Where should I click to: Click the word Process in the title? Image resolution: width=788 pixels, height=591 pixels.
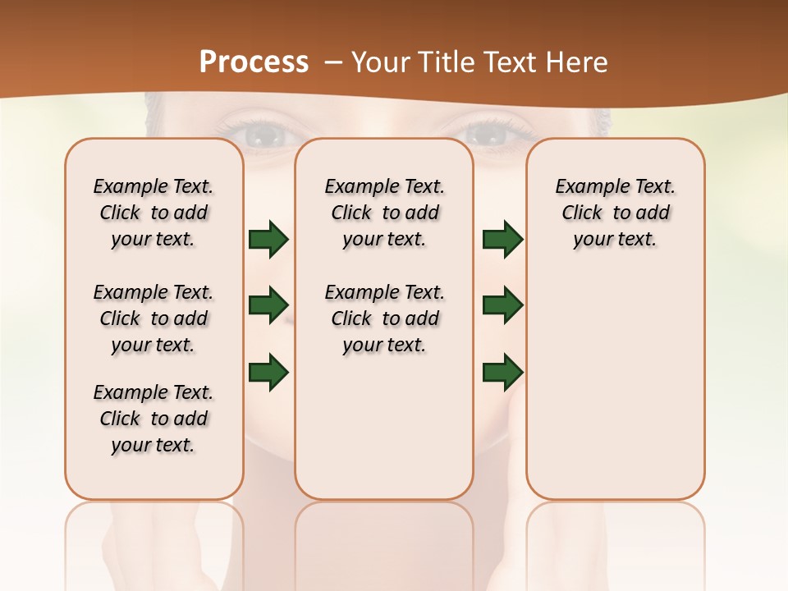pos(254,62)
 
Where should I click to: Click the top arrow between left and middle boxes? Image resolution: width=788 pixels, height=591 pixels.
pos(268,239)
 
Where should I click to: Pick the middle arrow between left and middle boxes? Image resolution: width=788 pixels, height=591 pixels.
pos(268,305)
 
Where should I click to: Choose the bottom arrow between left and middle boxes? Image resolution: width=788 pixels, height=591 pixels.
pos(268,371)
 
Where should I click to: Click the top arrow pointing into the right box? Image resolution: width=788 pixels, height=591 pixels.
pos(502,239)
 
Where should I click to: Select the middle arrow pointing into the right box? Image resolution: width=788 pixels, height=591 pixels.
pos(502,305)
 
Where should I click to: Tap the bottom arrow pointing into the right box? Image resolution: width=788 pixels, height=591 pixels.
pos(502,371)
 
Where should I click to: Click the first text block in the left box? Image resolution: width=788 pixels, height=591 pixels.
pos(153,213)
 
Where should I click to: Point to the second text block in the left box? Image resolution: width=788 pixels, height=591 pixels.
pos(153,318)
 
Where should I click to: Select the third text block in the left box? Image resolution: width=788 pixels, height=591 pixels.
pos(153,419)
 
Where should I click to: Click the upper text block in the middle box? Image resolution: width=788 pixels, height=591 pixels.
pos(384,213)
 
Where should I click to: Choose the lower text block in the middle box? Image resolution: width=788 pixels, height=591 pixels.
pos(384,318)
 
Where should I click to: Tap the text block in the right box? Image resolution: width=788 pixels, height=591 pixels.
pos(615,213)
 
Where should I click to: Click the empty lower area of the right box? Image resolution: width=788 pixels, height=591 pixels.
pos(615,394)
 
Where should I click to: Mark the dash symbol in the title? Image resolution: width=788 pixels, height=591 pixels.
pos(333,62)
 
